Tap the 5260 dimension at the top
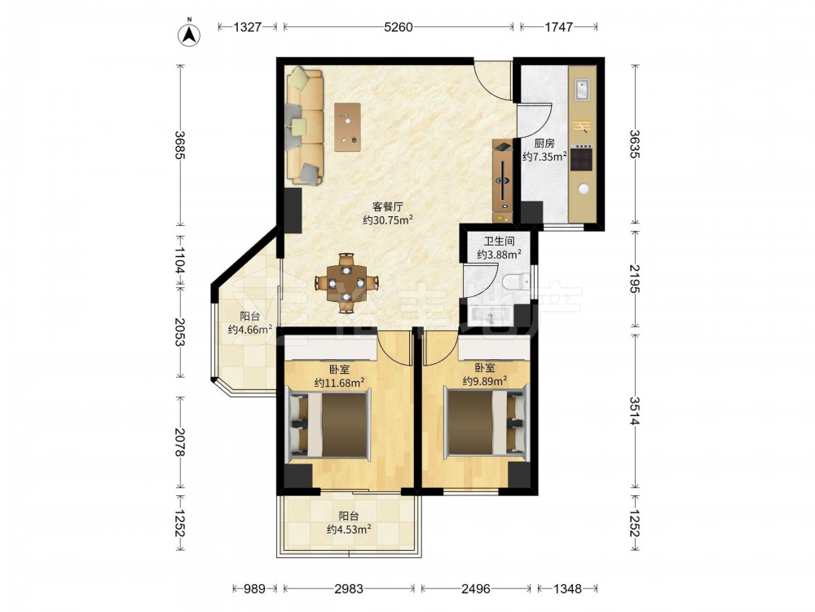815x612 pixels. (x=399, y=27)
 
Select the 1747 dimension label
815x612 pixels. (x=558, y=27)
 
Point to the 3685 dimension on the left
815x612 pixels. (x=180, y=144)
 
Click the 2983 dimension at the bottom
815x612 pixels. (x=349, y=588)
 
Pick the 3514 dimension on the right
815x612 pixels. (x=635, y=410)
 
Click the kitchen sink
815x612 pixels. (x=582, y=89)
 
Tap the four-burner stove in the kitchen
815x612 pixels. (x=582, y=158)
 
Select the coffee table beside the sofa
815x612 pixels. (x=348, y=127)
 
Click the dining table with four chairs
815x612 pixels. (x=346, y=284)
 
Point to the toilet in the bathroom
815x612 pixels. (x=516, y=282)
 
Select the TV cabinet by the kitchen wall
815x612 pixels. (x=503, y=181)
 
